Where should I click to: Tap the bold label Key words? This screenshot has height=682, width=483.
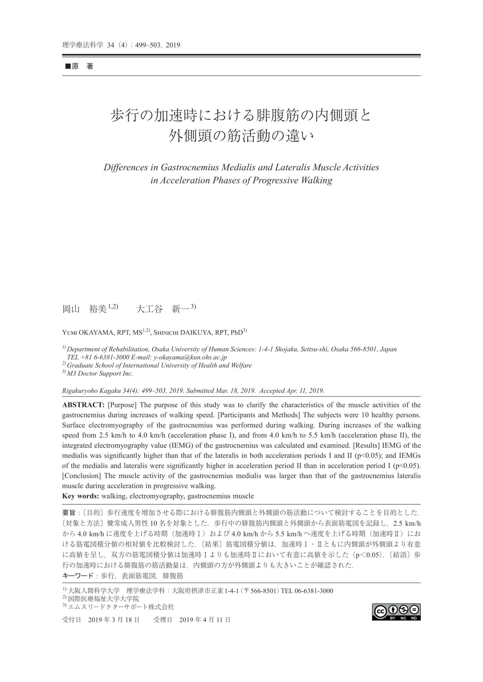pos(81,496)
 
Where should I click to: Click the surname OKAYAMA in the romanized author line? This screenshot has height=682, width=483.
pos(95,333)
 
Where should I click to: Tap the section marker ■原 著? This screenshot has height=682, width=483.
pos(79,66)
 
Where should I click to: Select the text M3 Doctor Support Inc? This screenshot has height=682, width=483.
pos(100,373)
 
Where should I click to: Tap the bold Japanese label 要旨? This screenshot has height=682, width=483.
pos(69,513)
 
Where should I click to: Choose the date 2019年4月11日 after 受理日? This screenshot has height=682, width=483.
pos(205,620)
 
